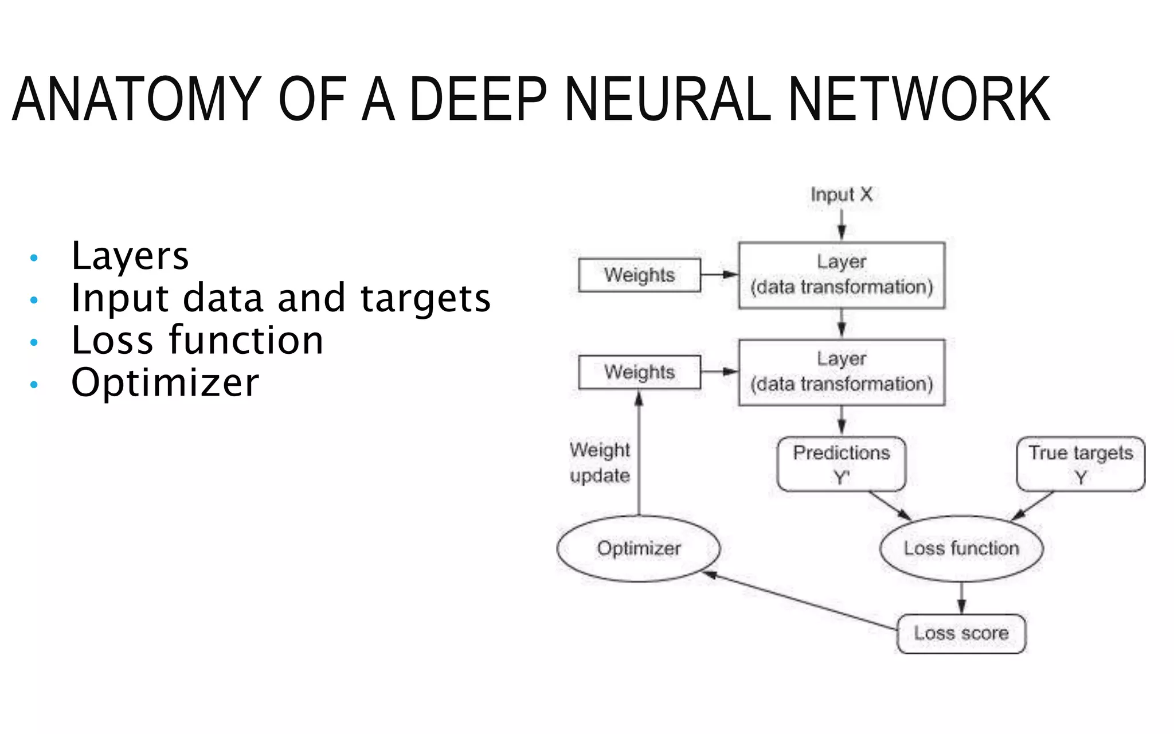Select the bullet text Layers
[x=130, y=256]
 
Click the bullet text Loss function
[x=197, y=341]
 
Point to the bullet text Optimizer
[x=165, y=382]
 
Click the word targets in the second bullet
[x=425, y=299]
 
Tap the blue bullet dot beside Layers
[x=34, y=258]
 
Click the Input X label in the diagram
[x=841, y=194]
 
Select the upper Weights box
[x=639, y=275]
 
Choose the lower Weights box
[x=639, y=372]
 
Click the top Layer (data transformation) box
[x=842, y=275]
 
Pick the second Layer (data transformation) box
[x=842, y=372]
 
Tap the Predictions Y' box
[x=841, y=464]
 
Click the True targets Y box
[x=1080, y=464]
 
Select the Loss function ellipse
[x=961, y=549]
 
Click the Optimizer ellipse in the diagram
[x=639, y=549]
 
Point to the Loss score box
[x=961, y=634]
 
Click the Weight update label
[x=600, y=463]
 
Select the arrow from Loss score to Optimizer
[x=803, y=601]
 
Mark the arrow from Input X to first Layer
[x=842, y=224]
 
